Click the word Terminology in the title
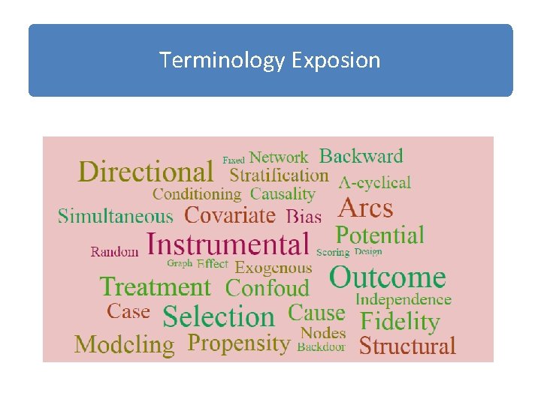tap(221, 60)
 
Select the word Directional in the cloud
tap(146, 172)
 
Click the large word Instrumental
tap(228, 244)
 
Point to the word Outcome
tap(388, 277)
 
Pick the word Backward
tap(361, 156)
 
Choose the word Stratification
tap(279, 175)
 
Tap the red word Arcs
tap(366, 207)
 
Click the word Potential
tap(379, 235)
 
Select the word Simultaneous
tap(116, 216)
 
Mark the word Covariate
tap(230, 215)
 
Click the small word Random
tap(115, 252)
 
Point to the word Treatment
tap(156, 286)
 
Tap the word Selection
tap(219, 316)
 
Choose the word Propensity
tap(239, 343)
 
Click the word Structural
tap(407, 346)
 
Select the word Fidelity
tap(400, 322)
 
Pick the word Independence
tap(403, 299)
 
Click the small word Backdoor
tap(321, 347)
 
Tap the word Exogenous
tap(273, 267)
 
